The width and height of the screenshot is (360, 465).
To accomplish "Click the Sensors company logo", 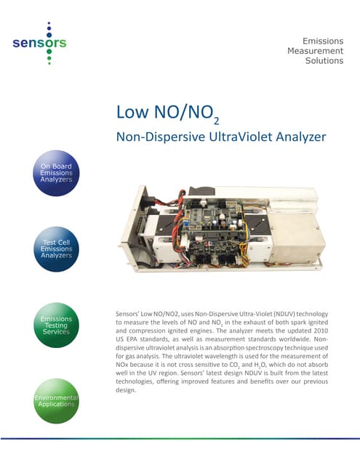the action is click(x=40, y=43).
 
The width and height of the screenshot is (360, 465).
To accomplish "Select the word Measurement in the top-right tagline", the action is click(x=315, y=50).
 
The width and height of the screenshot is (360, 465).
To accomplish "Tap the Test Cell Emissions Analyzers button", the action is click(x=56, y=248).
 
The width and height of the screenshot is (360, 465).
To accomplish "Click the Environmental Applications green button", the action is click(x=56, y=400).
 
